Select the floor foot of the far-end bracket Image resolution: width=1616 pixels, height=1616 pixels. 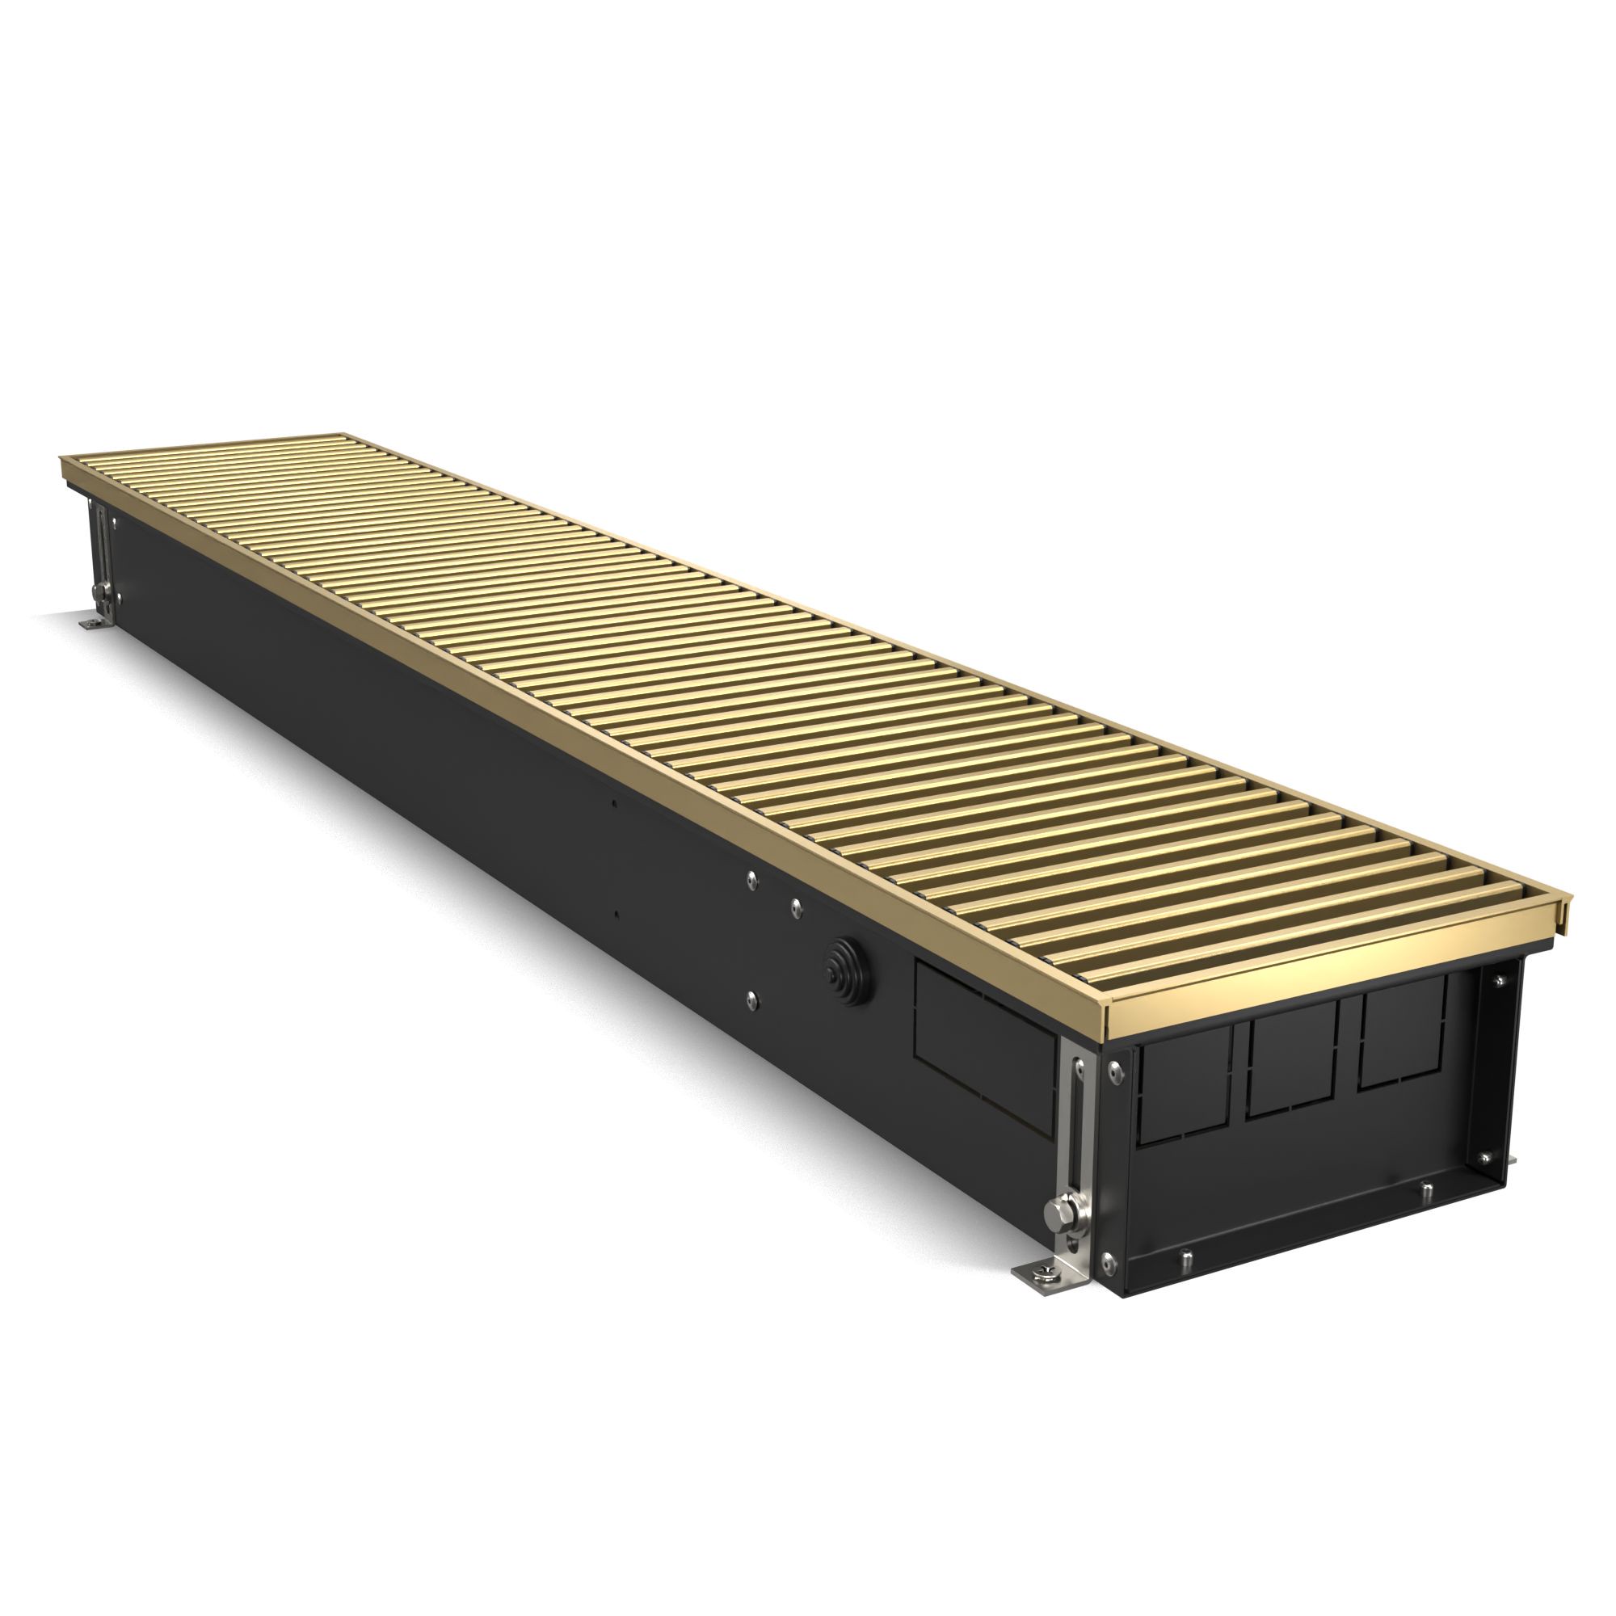click(x=90, y=623)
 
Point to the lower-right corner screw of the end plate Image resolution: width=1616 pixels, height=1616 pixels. click(x=1486, y=1159)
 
